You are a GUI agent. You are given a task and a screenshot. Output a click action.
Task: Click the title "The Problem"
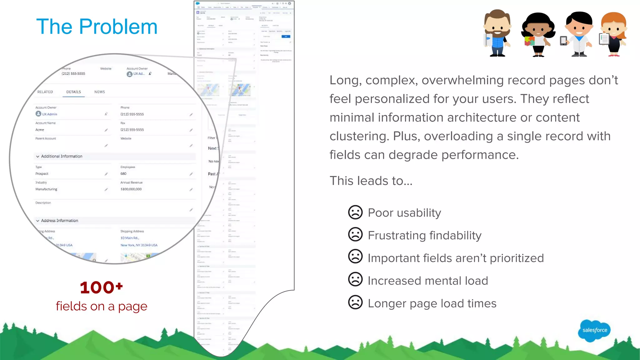97,27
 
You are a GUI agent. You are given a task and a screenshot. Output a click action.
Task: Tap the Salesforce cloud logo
594,330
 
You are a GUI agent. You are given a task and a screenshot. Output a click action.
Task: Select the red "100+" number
101,287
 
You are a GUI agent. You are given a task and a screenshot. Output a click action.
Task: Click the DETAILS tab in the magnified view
73,92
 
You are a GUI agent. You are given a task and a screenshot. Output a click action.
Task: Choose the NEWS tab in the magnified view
99,92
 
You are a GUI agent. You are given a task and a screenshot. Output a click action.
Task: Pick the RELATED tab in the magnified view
45,92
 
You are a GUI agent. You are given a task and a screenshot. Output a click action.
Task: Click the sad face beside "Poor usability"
355,212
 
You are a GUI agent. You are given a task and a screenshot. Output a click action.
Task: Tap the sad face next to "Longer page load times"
355,302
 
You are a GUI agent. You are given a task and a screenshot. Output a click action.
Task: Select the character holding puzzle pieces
537,34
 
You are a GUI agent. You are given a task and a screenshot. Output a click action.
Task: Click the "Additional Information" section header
62,156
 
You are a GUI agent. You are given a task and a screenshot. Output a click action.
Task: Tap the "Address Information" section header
59,221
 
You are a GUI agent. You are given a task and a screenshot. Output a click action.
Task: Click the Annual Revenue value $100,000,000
131,189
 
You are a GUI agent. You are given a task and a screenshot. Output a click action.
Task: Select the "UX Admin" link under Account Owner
49,114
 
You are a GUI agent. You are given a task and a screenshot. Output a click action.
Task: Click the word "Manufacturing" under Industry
46,189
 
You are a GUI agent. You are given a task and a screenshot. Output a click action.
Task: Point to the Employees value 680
123,174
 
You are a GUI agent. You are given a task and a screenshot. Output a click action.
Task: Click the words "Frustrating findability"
424,235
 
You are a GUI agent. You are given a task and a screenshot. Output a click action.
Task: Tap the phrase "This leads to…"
371,181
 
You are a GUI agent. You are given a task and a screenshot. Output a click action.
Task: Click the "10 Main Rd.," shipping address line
130,238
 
